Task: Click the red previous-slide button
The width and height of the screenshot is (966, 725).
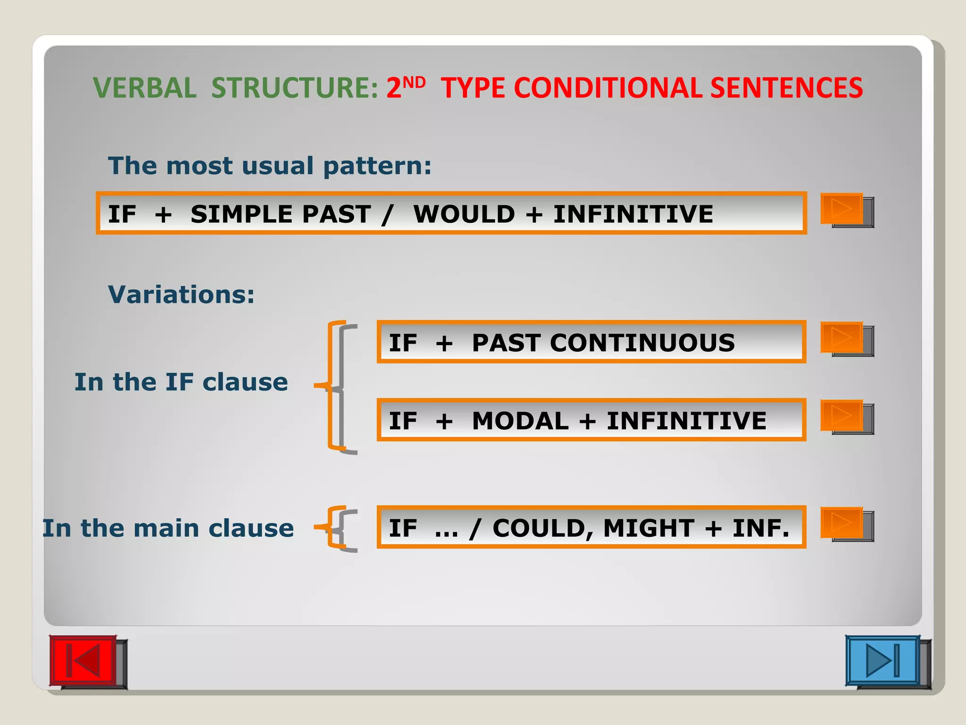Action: coord(83,660)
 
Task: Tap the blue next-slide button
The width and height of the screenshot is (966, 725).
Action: coord(883,660)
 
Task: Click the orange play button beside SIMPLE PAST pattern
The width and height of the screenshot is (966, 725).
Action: coord(842,208)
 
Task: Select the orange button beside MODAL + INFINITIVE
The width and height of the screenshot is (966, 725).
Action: coord(842,415)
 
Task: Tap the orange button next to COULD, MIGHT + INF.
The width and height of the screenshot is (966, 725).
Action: coord(842,523)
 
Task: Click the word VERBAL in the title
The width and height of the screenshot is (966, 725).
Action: coord(145,88)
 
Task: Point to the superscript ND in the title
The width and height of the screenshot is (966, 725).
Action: coord(415,83)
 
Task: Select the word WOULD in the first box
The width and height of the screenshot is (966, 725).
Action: coord(464,214)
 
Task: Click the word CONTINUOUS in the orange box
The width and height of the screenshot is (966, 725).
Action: coord(642,343)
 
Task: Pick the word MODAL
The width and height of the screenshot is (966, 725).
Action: coord(520,421)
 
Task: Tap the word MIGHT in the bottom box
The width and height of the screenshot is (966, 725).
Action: coord(648,528)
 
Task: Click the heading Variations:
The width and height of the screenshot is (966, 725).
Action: coord(182,295)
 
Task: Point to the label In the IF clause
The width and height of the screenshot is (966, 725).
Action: coord(181,382)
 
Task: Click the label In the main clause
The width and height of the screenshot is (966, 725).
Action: coord(168,528)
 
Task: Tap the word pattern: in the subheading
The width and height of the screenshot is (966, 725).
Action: coord(377,166)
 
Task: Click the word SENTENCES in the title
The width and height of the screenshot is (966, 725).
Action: coord(786,88)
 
